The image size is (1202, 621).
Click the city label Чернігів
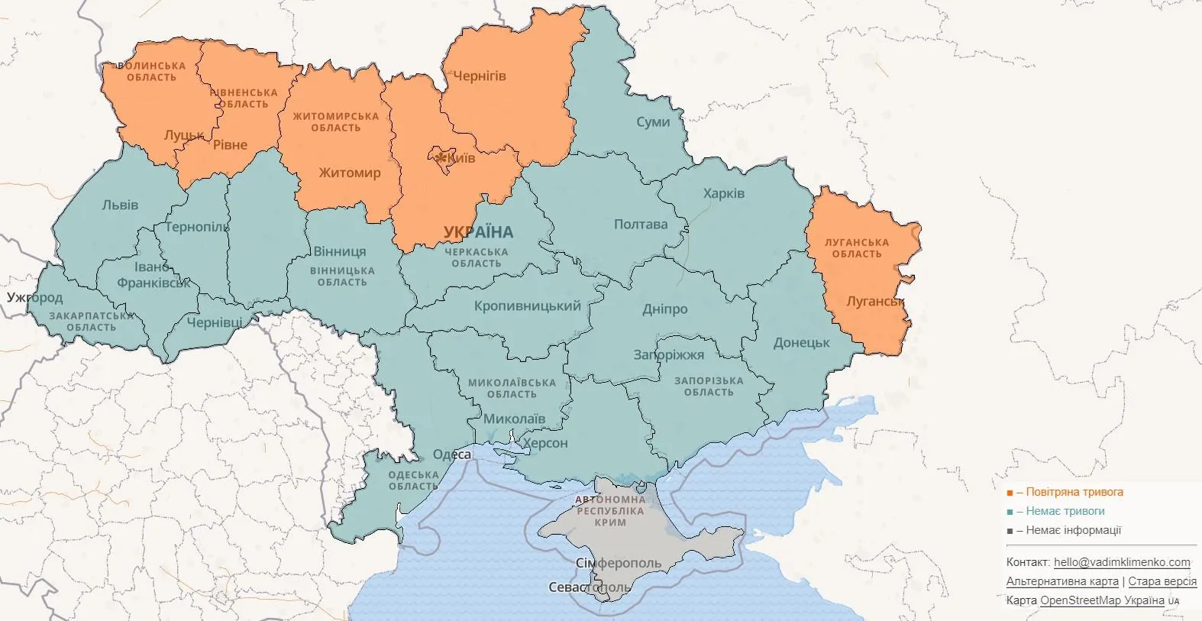480,76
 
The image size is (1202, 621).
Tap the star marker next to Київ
441,158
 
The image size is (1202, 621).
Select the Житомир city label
349,173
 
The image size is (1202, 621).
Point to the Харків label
723,193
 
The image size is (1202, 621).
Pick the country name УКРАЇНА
478,232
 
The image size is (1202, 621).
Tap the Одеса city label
452,454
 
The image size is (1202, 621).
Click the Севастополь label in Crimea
589,587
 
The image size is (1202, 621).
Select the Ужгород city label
35,297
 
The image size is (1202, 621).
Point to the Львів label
120,205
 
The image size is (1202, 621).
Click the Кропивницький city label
527,306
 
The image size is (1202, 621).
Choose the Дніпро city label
664,309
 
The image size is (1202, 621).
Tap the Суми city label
653,122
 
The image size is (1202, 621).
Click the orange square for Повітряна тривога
1010,493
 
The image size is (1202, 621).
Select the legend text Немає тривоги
1065,511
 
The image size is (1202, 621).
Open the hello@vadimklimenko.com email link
1121,562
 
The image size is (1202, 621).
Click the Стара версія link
1162,581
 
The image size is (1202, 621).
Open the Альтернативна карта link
1061,581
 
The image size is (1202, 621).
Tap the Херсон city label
544,443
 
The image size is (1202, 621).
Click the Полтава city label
640,225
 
